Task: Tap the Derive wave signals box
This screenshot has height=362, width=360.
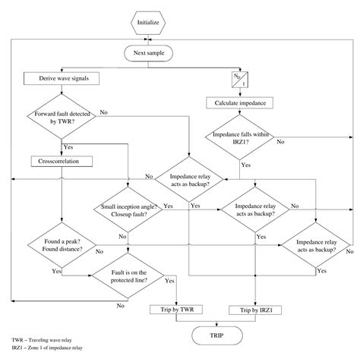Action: [x=60, y=78]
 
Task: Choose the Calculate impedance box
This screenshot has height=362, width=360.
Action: [x=241, y=102]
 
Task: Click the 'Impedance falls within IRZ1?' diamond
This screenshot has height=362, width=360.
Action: [x=241, y=136]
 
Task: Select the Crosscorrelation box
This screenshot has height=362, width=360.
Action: [x=60, y=162]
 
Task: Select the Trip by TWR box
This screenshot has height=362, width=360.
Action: [x=176, y=310]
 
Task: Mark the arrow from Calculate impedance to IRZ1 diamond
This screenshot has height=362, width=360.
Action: [x=241, y=112]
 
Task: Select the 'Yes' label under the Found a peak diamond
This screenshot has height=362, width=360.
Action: [x=56, y=270]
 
